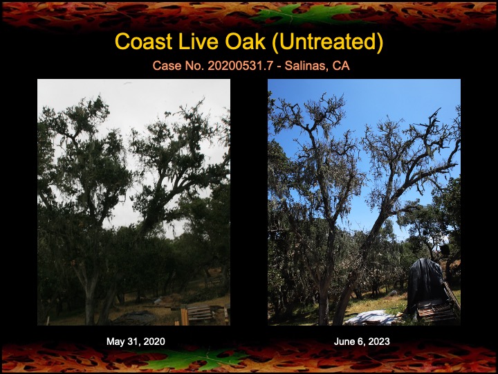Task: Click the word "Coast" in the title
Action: point(144,42)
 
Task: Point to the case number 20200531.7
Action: point(241,66)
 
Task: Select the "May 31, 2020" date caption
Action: point(136,341)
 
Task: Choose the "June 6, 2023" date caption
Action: point(362,341)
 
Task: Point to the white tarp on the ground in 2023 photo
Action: point(371,317)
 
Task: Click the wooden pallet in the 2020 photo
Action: point(200,314)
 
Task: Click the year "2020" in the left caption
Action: point(154,341)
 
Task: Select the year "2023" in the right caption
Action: point(379,341)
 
